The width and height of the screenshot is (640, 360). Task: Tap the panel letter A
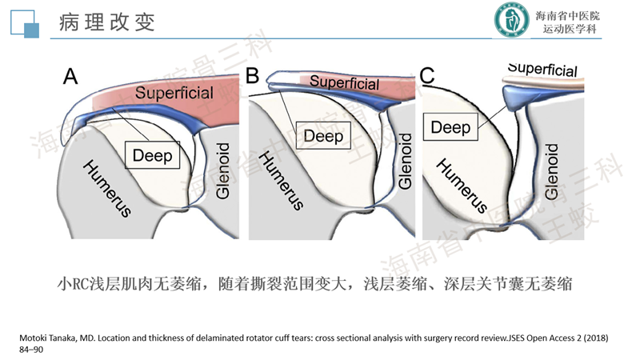(x=70, y=78)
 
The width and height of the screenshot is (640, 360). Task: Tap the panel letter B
(x=253, y=78)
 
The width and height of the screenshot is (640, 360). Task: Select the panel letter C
(x=427, y=77)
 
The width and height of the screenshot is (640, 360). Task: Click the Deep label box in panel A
(x=152, y=155)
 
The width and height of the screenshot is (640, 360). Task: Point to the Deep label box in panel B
(x=323, y=136)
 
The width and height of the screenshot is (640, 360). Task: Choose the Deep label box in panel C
(x=452, y=126)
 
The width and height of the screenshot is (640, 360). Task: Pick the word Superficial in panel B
(x=344, y=82)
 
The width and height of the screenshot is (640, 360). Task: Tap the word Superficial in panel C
(x=542, y=70)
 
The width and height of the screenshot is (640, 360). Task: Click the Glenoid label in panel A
(x=223, y=172)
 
